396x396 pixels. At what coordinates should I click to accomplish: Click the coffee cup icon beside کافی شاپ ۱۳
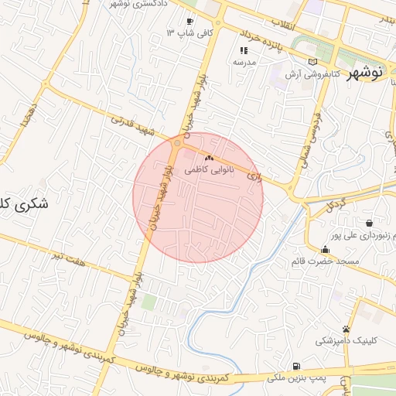(x=190, y=22)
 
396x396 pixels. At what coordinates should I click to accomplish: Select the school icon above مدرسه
(x=244, y=50)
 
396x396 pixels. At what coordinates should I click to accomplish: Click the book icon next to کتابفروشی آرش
(x=312, y=62)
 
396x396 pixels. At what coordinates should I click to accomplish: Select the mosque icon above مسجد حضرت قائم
(x=325, y=249)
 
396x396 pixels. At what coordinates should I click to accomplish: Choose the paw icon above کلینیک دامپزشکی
(x=346, y=329)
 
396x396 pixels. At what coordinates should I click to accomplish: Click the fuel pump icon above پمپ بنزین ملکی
(x=296, y=366)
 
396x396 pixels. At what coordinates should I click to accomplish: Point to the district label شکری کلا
(x=23, y=205)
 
